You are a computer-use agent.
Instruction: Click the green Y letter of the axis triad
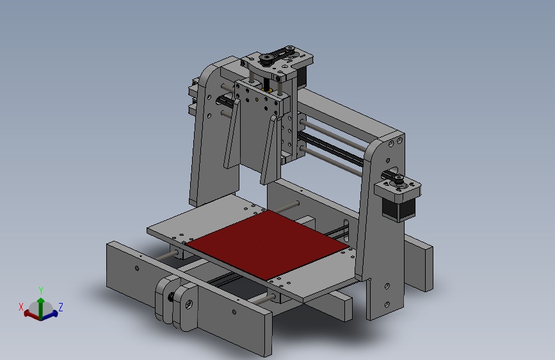click(41, 290)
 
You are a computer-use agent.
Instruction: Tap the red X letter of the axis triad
click(21, 307)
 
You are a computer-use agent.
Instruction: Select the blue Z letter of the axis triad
click(60, 307)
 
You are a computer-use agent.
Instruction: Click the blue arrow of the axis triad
click(51, 313)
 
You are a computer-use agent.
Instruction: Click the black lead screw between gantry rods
click(333, 147)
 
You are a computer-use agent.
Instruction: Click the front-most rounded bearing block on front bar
click(186, 307)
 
